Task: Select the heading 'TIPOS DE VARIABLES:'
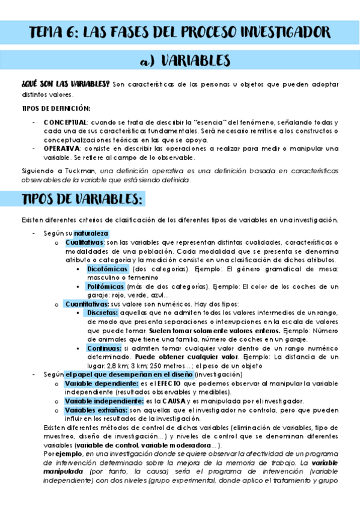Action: point(82,199)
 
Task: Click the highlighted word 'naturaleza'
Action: point(91,233)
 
